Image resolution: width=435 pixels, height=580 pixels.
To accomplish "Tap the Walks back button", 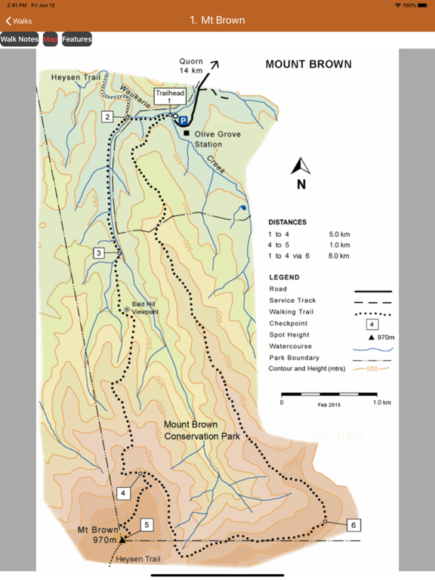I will [x=20, y=21].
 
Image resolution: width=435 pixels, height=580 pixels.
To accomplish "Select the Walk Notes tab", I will [x=19, y=39].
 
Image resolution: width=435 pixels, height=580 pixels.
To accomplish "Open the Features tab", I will [x=77, y=39].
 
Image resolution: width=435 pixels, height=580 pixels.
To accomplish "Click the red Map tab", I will [x=50, y=39].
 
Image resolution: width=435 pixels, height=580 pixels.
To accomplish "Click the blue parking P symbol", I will [x=183, y=121].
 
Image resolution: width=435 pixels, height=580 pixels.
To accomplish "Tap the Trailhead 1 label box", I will [x=169, y=96].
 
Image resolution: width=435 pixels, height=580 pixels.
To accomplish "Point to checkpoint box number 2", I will [x=108, y=117].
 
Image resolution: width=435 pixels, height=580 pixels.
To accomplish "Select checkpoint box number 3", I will [x=99, y=253].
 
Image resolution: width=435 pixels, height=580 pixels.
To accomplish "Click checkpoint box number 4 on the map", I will [x=124, y=493].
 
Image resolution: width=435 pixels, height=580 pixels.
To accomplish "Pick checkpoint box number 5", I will [x=147, y=525].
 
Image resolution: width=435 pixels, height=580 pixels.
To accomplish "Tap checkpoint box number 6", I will [x=353, y=525].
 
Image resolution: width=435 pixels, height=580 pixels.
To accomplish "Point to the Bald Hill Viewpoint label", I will [x=144, y=308].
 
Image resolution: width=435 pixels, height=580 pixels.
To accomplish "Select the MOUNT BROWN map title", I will [x=308, y=65].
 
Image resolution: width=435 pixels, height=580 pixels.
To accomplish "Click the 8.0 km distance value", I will [x=339, y=256].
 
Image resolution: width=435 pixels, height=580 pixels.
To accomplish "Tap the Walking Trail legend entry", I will [x=292, y=312].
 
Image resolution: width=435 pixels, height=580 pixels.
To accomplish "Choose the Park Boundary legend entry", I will [x=294, y=357].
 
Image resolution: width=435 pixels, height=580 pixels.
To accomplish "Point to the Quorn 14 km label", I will [x=192, y=66].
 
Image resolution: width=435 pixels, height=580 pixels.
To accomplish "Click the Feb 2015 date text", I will [x=329, y=406].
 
